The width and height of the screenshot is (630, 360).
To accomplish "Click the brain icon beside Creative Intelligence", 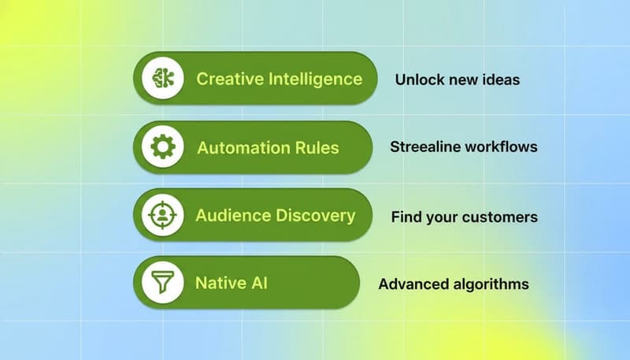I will pos(163,79).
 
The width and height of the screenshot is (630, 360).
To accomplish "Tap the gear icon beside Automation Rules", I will pos(163,147).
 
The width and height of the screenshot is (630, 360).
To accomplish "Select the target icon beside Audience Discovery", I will pos(163,215).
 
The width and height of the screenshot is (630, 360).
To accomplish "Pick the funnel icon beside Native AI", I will pos(163,282).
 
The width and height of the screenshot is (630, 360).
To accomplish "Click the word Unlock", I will pos(418,80).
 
